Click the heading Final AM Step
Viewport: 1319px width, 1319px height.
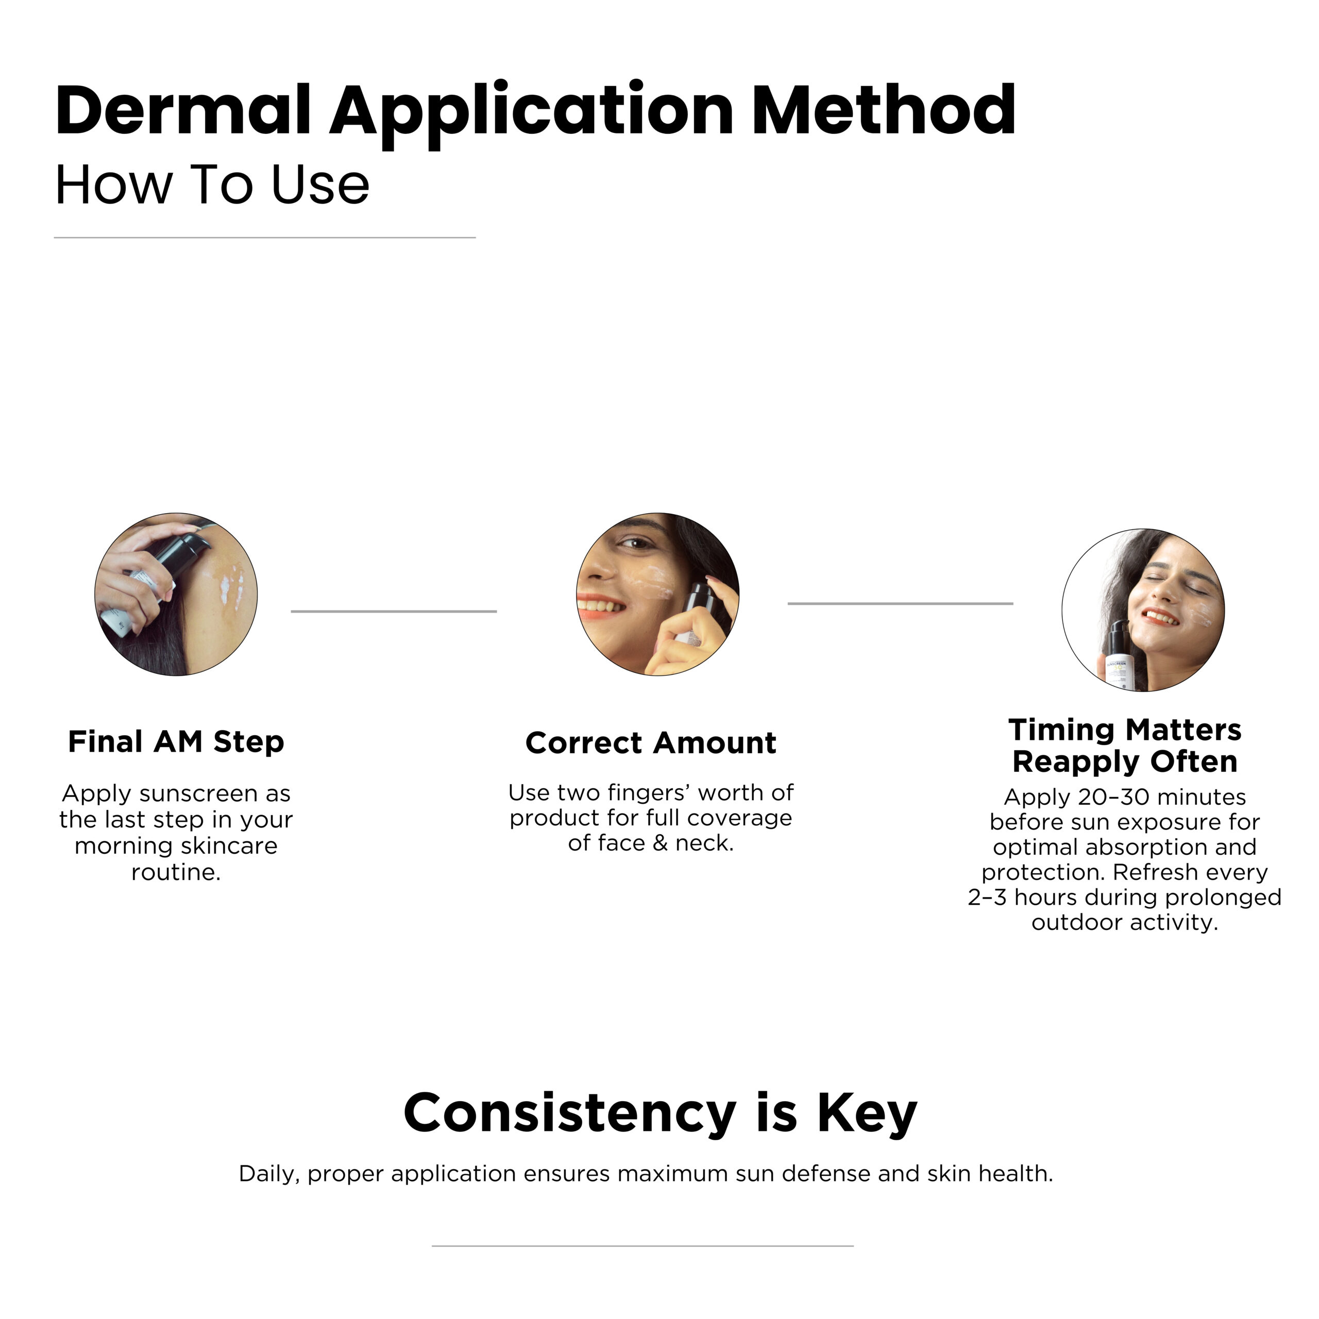pos(176,742)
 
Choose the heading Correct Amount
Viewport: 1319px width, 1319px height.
pos(651,743)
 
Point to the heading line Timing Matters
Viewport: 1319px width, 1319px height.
pos(1124,730)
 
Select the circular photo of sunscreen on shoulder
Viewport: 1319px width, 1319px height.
pos(176,594)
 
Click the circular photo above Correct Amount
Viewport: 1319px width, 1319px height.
pos(657,594)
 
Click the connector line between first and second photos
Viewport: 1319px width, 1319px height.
pos(394,611)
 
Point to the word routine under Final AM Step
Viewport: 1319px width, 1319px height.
pos(176,872)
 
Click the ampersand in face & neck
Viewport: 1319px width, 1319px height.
pos(659,843)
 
